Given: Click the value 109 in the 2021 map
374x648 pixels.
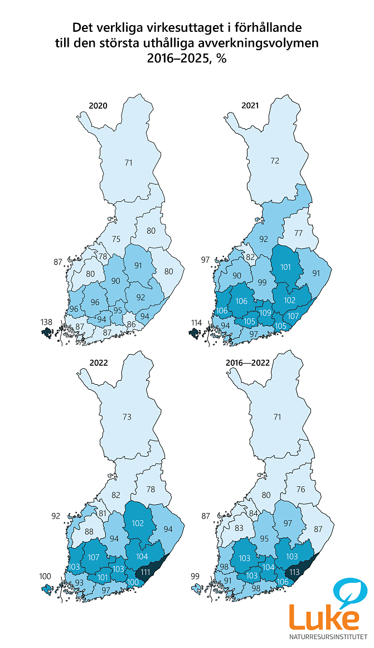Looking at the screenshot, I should (x=265, y=312).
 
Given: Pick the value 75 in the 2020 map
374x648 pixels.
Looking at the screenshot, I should (x=115, y=239).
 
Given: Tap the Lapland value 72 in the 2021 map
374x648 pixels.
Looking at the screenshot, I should (x=274, y=161).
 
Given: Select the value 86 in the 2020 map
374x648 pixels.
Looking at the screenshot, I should (x=132, y=323).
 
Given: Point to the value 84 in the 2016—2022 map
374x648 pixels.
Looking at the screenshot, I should (x=253, y=514).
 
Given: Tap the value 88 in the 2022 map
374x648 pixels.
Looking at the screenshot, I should (x=89, y=531).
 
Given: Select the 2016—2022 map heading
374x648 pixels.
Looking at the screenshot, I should (x=248, y=362).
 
